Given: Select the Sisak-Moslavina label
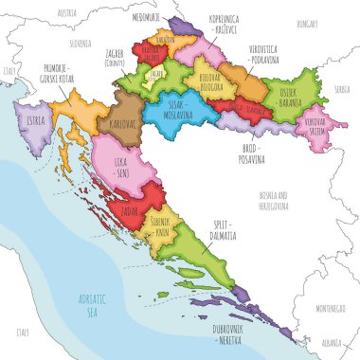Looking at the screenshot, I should tap(182, 109).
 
